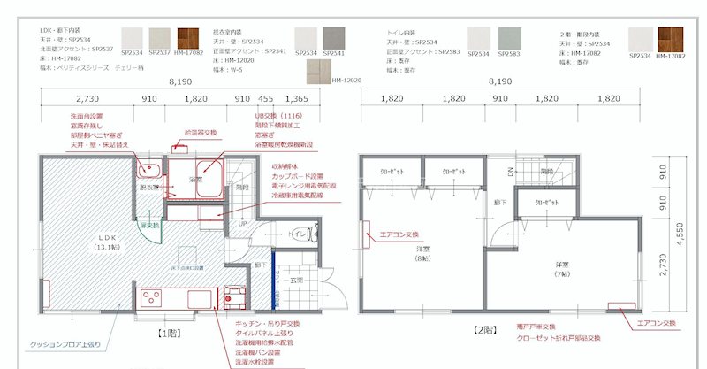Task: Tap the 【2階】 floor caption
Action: pos(484,330)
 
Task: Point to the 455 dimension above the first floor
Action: pos(265,99)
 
